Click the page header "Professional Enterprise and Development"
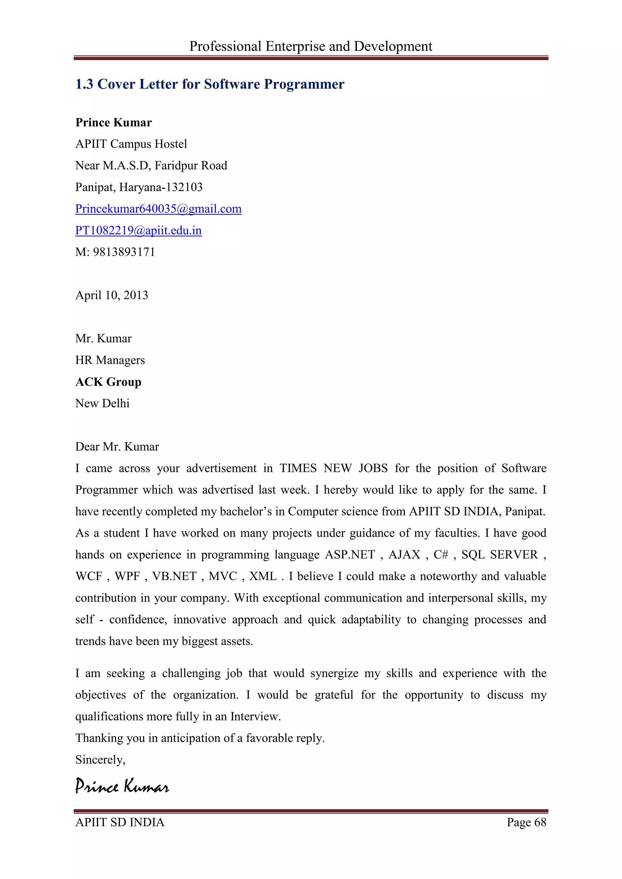point(311,46)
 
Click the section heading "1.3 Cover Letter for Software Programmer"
point(210,84)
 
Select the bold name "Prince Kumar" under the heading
point(114,123)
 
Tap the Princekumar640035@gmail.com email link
point(158,209)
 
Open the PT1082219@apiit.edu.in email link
point(138,230)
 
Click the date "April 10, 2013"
point(111,295)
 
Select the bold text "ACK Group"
point(108,382)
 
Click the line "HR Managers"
point(110,360)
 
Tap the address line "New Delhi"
point(102,403)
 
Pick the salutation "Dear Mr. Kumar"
point(117,447)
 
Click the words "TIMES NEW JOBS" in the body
point(333,468)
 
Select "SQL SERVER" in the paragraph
point(499,555)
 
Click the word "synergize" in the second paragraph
point(334,674)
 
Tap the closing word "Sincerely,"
point(100,759)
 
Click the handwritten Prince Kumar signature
point(122,786)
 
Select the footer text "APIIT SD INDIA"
point(120,822)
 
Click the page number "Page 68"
point(526,822)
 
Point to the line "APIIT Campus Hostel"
point(131,144)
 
